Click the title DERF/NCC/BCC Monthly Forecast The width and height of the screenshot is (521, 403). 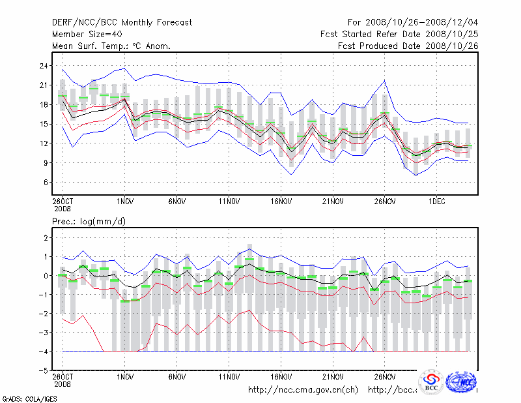click(x=122, y=22)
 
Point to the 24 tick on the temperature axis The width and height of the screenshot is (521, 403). click(x=44, y=66)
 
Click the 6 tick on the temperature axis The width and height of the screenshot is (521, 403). click(x=46, y=182)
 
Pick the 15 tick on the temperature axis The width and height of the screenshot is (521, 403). click(x=44, y=124)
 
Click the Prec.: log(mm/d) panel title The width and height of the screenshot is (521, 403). click(x=89, y=222)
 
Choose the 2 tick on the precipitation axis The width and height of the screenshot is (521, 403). click(x=46, y=238)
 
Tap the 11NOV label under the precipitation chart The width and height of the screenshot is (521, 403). click(x=229, y=376)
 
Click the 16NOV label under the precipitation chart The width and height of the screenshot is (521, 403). click(x=281, y=376)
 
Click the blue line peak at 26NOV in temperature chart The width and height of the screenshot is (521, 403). click(x=385, y=80)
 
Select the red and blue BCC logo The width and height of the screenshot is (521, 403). click(x=431, y=382)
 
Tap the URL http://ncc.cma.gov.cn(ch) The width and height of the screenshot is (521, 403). click(x=303, y=390)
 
